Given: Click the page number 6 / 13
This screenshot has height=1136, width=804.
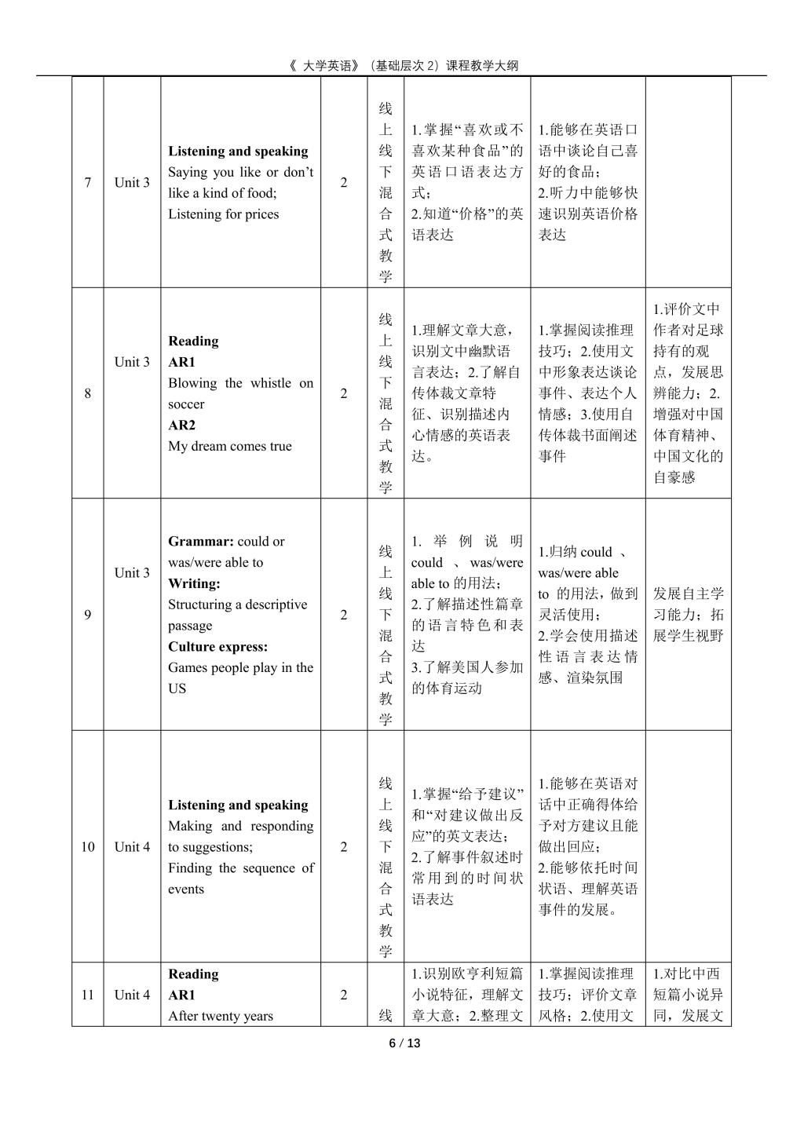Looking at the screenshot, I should coord(405,1043).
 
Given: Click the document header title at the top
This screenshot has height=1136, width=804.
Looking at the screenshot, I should coord(403,66).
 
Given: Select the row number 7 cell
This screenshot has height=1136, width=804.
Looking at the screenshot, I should coord(87,183).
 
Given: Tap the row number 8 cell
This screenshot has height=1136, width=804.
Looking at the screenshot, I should coord(87,393).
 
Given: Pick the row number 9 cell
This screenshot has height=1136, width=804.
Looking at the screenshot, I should coord(87,615).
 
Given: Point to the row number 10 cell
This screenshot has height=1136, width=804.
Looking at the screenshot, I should coord(87,846).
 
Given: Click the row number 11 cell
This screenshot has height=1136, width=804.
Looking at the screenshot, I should coord(87,995).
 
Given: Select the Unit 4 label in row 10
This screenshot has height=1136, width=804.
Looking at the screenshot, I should coord(132,846).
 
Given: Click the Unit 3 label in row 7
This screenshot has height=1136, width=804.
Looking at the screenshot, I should coord(132,183).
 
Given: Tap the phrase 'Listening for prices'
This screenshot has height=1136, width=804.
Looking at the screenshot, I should coord(223,214).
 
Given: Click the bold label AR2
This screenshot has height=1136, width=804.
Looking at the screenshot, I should coord(181,426).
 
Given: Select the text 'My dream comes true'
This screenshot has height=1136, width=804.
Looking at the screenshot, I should coord(229,447).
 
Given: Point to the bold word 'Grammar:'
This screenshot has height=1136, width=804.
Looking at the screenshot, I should coord(201,542).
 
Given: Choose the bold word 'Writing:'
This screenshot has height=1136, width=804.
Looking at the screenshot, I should coord(194,583).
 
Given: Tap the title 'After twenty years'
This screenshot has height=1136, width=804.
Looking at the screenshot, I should coord(221,1016).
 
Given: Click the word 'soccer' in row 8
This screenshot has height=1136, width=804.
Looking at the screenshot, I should coord(186,404).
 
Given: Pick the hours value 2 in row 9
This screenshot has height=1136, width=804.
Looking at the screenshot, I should coord(343,615).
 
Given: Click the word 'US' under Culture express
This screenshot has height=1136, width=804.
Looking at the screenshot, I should coord(177,689).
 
